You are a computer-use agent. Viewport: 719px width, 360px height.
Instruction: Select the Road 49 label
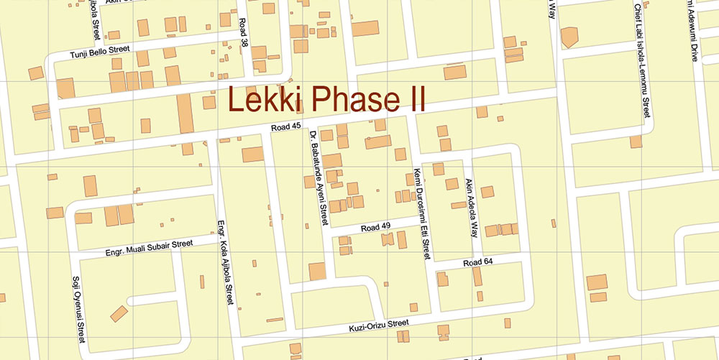coord(375,228)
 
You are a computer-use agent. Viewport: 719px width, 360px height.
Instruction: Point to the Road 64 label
coord(477,262)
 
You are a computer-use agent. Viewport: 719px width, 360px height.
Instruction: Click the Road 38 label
coord(244,32)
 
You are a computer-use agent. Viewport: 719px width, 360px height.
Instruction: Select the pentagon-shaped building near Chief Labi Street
coord(569,37)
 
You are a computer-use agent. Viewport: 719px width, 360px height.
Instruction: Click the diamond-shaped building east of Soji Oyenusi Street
coord(119,313)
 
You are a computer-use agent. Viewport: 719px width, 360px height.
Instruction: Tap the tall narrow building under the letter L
coord(186,113)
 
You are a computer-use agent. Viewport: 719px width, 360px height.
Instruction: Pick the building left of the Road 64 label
coord(442,279)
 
